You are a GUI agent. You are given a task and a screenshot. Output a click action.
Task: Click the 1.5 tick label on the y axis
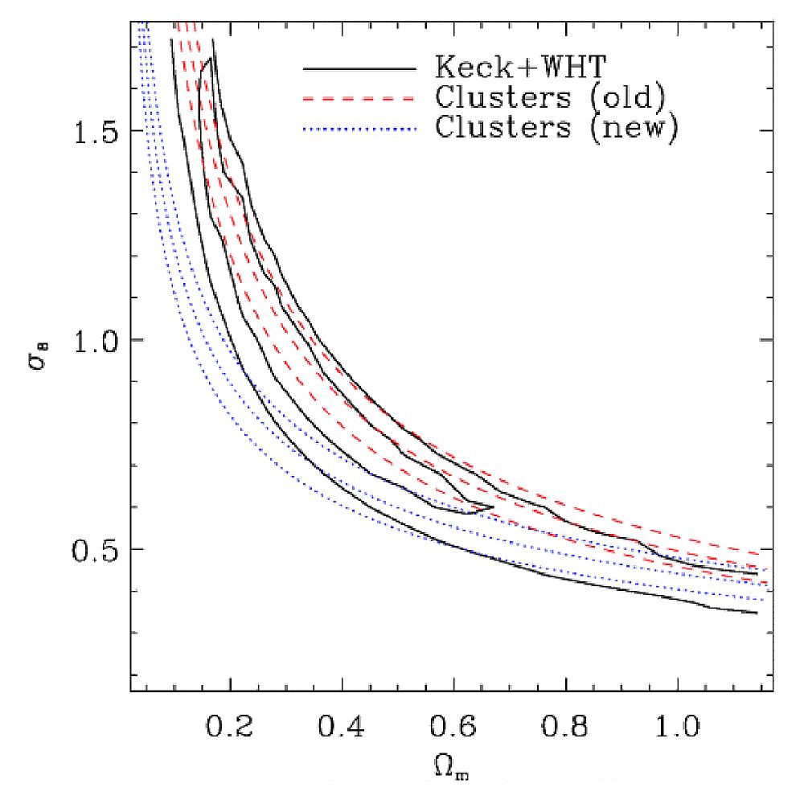[x=96, y=131]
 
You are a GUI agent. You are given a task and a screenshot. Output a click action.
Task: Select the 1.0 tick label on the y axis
[x=96, y=340]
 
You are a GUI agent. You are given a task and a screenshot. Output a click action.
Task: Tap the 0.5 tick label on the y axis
[x=96, y=549]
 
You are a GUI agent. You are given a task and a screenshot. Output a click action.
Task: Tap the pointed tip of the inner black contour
[x=492, y=507]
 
